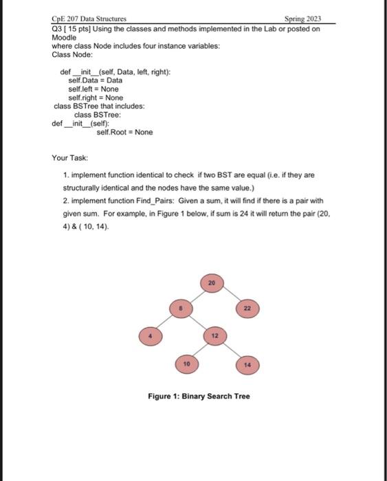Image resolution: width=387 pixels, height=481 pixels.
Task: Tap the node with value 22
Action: click(246, 309)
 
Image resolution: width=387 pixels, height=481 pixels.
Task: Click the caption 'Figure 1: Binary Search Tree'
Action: click(199, 396)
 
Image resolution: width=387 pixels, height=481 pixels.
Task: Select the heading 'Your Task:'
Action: click(69, 157)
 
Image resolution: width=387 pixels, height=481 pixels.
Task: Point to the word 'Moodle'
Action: click(64, 37)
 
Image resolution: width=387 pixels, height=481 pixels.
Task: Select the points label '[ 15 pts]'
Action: click(77, 29)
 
